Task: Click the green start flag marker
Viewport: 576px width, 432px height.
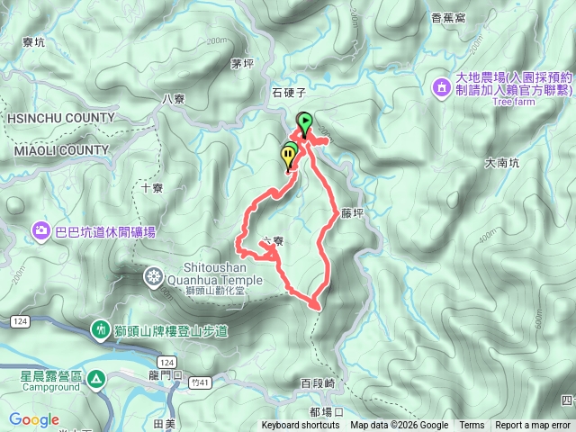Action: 305,122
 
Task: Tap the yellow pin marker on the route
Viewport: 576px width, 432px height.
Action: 288,158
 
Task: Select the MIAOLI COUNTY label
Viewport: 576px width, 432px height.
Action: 61,150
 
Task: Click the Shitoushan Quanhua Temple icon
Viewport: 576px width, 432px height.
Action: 155,274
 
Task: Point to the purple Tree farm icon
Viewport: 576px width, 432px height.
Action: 442,87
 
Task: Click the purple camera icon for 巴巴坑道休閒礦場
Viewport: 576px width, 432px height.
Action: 41,232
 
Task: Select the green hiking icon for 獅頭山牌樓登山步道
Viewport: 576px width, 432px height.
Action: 101,331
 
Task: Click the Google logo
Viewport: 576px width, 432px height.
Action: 34,419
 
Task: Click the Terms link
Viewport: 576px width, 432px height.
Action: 471,426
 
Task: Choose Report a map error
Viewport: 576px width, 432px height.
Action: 533,426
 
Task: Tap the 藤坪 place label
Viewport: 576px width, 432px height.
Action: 352,214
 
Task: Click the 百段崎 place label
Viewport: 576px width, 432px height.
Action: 318,383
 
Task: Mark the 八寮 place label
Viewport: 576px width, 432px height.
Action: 173,99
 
